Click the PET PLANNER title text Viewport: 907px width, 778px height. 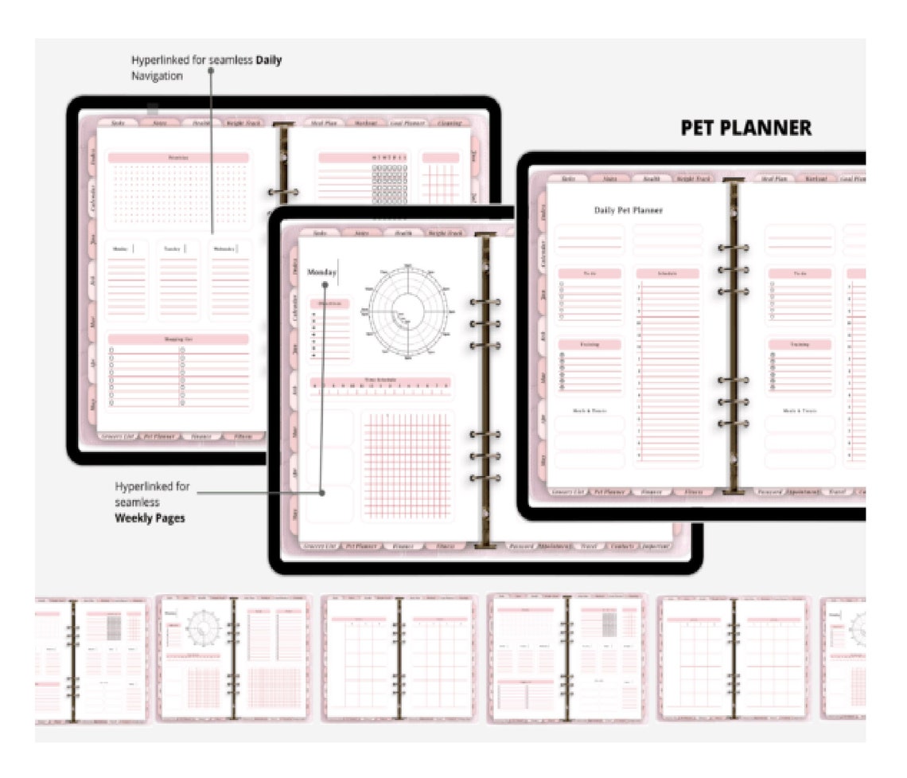pos(745,128)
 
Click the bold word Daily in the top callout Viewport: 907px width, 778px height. pos(268,60)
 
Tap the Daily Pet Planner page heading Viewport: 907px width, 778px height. pos(629,210)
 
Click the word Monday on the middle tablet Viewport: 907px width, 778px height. pos(322,272)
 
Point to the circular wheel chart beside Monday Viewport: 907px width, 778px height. pos(407,311)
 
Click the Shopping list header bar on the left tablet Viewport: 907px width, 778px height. pos(178,339)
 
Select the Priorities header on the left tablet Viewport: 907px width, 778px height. pos(178,158)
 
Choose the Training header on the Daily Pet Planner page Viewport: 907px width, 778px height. pos(590,344)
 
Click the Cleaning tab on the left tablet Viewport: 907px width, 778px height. pos(448,123)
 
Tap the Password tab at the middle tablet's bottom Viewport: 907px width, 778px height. pos(520,546)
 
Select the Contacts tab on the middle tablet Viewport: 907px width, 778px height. pos(621,546)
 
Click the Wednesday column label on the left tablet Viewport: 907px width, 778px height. pos(222,248)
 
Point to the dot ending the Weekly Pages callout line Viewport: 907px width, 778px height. pos(321,493)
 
